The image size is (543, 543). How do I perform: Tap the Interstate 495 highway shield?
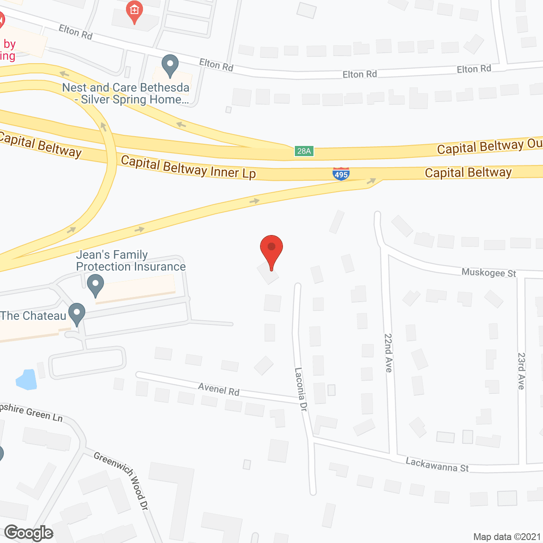pyautogui.click(x=341, y=174)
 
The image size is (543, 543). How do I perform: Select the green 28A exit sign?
pyautogui.click(x=304, y=151)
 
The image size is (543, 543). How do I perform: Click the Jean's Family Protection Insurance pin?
pyautogui.click(x=95, y=285)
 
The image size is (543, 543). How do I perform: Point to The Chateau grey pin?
pyautogui.click(x=77, y=314)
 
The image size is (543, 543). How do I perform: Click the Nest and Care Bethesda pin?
pyautogui.click(x=170, y=65)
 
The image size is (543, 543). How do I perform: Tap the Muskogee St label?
pyautogui.click(x=489, y=273)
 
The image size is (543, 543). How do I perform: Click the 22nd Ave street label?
pyautogui.click(x=388, y=353)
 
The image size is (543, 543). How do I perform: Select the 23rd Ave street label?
pyautogui.click(x=521, y=371)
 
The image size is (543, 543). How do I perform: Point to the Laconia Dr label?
pyautogui.click(x=301, y=389)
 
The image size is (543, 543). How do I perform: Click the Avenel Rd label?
pyautogui.click(x=219, y=389)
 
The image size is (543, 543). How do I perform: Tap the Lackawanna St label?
pyautogui.click(x=437, y=465)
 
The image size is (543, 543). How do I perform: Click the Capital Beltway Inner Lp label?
pyautogui.click(x=188, y=167)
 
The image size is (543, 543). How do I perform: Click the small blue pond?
pyautogui.click(x=26, y=379)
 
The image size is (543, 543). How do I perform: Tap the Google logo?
pyautogui.click(x=29, y=533)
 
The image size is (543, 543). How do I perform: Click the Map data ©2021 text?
pyautogui.click(x=507, y=537)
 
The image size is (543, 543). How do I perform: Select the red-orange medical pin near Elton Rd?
pyautogui.click(x=134, y=11)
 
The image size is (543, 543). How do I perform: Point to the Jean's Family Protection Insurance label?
pyautogui.click(x=131, y=260)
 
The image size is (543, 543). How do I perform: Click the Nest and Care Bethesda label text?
pyautogui.click(x=126, y=93)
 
